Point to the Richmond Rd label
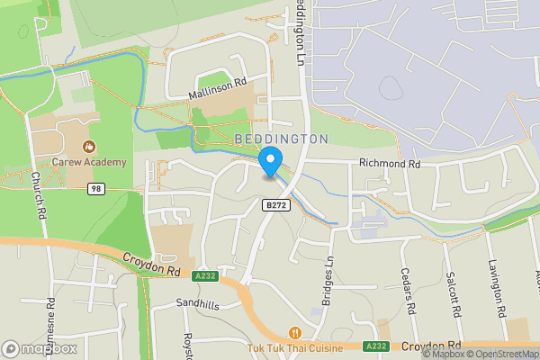click(390, 164)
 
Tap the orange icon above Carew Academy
click(88, 146)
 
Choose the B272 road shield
click(275, 206)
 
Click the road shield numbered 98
click(96, 189)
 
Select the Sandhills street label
click(197, 304)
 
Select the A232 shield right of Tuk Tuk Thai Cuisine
click(376, 345)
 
